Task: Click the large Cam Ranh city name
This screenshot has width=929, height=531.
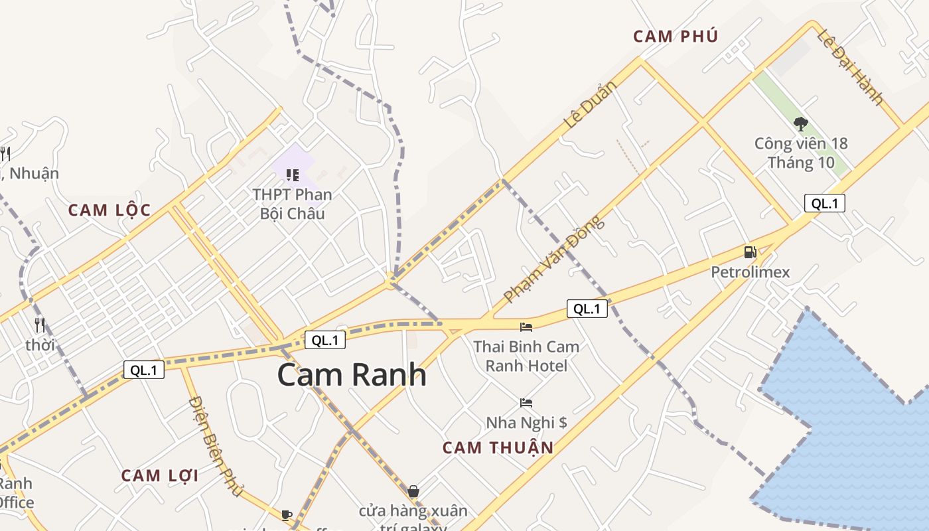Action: coord(351,375)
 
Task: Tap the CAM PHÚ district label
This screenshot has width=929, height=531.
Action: coord(676,37)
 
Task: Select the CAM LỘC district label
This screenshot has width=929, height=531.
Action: coord(109,210)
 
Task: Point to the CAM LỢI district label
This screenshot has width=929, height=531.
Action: coord(160,475)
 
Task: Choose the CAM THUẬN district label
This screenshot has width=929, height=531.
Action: coord(498,447)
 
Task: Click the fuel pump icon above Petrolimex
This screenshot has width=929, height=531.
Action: coord(750,252)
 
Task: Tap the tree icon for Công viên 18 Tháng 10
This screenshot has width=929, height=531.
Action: coord(800,123)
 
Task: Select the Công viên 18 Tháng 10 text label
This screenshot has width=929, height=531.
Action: coord(801,153)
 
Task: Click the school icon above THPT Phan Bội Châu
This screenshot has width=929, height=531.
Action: coord(292,175)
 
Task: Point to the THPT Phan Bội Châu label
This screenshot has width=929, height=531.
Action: coord(292,204)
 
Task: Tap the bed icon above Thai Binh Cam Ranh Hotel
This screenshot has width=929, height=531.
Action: coord(526,327)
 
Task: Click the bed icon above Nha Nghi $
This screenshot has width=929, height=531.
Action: coord(526,403)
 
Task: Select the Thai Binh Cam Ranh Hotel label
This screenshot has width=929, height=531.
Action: coord(526,356)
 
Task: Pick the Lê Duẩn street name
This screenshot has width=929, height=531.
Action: coord(590,104)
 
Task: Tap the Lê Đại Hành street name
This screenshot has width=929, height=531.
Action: coord(851,67)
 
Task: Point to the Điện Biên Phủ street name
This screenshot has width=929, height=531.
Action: coord(215,445)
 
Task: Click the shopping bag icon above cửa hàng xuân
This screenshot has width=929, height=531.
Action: coord(413,491)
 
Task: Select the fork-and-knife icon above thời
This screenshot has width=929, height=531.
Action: coord(40,325)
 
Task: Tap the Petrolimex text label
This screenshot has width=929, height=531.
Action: coord(750,272)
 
